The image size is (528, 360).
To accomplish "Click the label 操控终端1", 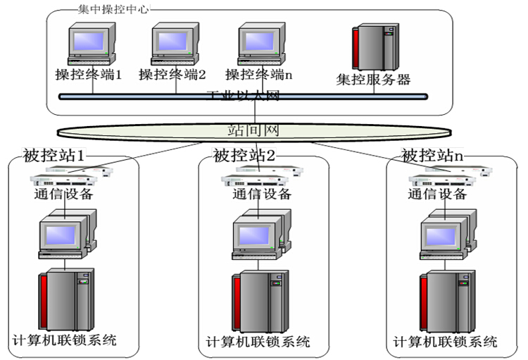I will tap(89, 74).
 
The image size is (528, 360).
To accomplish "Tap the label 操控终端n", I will tap(258, 74).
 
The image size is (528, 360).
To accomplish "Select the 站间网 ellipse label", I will tap(253, 130).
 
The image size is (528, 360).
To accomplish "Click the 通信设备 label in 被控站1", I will tap(63, 194).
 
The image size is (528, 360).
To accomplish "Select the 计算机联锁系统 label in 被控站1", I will tap(64, 340).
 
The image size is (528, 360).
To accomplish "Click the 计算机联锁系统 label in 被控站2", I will tap(258, 342).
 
